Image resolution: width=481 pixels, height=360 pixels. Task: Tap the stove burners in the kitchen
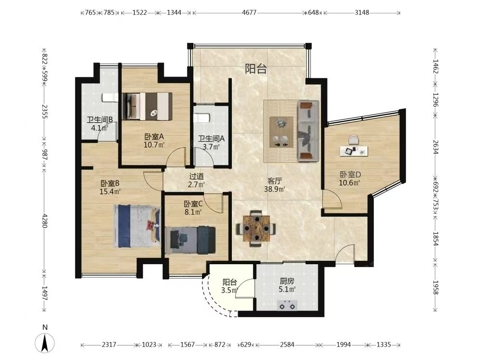[287, 306]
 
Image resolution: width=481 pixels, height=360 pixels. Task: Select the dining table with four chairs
[256, 228]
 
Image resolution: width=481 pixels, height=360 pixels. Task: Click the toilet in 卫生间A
[202, 118]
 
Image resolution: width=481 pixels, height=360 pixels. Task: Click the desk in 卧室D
[354, 147]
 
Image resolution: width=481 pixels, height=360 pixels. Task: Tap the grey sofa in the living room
[308, 131]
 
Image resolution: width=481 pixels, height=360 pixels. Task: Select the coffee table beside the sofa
[281, 132]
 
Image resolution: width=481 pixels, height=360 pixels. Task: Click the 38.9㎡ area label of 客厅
[275, 189]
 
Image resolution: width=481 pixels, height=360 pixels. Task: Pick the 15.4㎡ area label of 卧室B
[110, 192]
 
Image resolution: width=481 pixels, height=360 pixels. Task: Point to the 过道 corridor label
[196, 176]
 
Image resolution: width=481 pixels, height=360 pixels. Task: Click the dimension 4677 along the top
[249, 13]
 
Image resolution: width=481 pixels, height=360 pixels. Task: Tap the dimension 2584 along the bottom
[287, 345]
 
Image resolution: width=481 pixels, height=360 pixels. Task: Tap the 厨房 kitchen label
[287, 281]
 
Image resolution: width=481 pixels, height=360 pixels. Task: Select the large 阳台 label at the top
[256, 69]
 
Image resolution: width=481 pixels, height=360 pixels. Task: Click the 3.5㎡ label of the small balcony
[229, 290]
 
